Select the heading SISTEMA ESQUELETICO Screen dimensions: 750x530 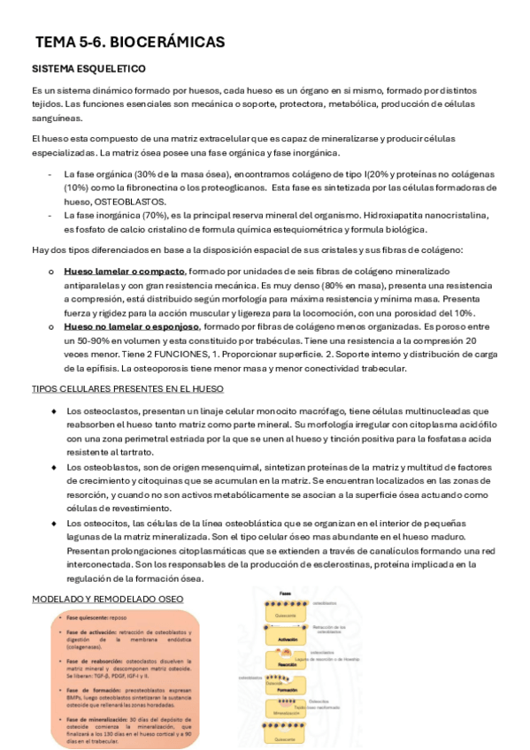point(88,69)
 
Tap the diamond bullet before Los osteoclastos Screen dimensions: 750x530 point(54,411)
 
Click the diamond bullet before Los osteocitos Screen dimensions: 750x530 point(54,524)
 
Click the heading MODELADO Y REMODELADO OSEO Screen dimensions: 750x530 point(108,599)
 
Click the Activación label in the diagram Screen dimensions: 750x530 point(288,638)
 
